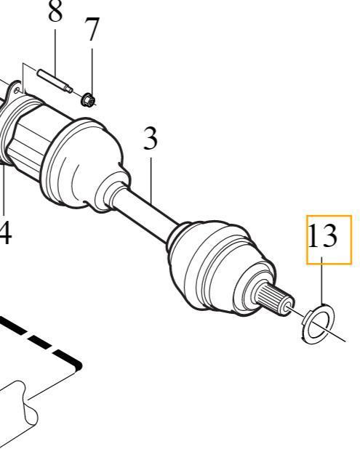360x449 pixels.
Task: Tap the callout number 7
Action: [x=92, y=29]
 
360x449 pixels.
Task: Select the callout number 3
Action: [x=151, y=139]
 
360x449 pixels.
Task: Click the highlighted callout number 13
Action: [x=322, y=235]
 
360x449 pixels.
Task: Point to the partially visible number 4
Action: [x=6, y=233]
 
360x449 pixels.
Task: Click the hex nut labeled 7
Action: [x=88, y=100]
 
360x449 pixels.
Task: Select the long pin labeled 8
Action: [x=55, y=81]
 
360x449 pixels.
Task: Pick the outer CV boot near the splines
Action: [x=220, y=268]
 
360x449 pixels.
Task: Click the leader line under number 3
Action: [x=151, y=179]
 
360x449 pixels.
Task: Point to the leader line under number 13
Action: [x=322, y=281]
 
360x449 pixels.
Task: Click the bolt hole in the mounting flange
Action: [x=17, y=91]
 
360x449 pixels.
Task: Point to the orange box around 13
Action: [x=329, y=216]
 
